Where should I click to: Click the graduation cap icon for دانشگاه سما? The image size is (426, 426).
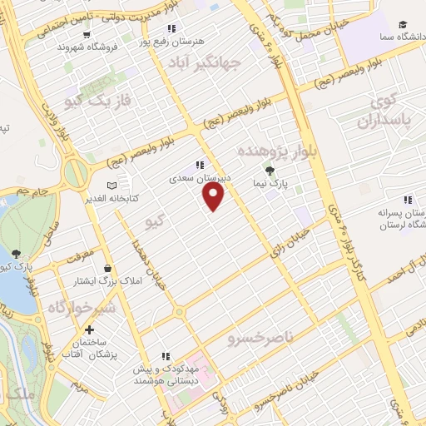(x=403, y=26)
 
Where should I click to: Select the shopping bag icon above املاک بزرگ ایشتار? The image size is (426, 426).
(x=108, y=269)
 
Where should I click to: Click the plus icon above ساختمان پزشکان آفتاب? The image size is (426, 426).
(x=90, y=330)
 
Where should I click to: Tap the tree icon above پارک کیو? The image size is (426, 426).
(x=17, y=254)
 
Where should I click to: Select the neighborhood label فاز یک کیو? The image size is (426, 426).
(x=87, y=100)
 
